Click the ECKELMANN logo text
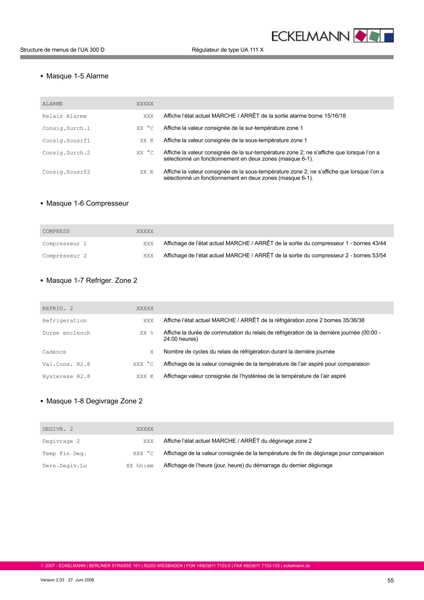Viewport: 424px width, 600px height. (x=310, y=36)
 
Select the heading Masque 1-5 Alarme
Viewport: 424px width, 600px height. (x=77, y=76)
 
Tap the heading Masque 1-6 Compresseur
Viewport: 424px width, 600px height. (x=87, y=203)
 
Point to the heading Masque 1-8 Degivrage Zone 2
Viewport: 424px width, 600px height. (x=94, y=401)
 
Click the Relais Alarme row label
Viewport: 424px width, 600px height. (x=64, y=116)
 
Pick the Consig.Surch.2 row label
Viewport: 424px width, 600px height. (x=66, y=153)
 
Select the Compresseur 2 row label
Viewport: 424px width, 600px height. (x=64, y=256)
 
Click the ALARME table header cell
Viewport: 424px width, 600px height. (x=53, y=104)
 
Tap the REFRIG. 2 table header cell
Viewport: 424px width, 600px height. (x=58, y=308)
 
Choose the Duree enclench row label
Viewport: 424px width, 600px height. (x=66, y=333)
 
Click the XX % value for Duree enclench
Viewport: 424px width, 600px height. (x=147, y=333)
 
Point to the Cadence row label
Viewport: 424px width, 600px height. (x=54, y=352)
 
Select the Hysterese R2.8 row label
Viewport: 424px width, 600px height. (x=66, y=376)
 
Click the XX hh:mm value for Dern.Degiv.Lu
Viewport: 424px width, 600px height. (x=140, y=465)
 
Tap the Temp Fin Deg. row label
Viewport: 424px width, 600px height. (x=64, y=453)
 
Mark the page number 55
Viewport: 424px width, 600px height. (x=390, y=580)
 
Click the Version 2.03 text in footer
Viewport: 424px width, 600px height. (x=51, y=580)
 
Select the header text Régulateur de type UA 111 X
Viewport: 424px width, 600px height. (x=228, y=50)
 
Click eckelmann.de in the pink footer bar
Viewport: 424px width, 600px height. (x=297, y=566)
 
